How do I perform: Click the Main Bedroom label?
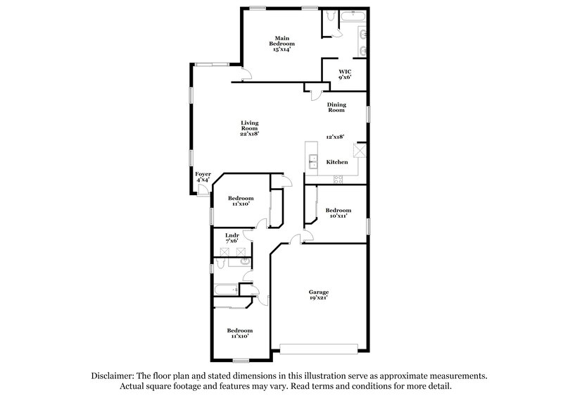click(x=281, y=44)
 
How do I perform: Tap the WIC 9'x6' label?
click(x=344, y=74)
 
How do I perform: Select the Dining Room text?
click(x=336, y=107)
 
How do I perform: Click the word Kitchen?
click(x=337, y=162)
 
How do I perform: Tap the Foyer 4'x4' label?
click(x=203, y=177)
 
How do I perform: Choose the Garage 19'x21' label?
click(x=319, y=294)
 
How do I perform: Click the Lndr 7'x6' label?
click(x=232, y=237)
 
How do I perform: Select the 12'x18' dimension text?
click(x=336, y=137)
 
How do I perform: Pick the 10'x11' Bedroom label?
click(x=339, y=213)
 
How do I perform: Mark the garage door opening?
click(x=319, y=347)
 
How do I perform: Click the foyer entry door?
click(x=202, y=191)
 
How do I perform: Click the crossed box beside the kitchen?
click(x=360, y=149)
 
